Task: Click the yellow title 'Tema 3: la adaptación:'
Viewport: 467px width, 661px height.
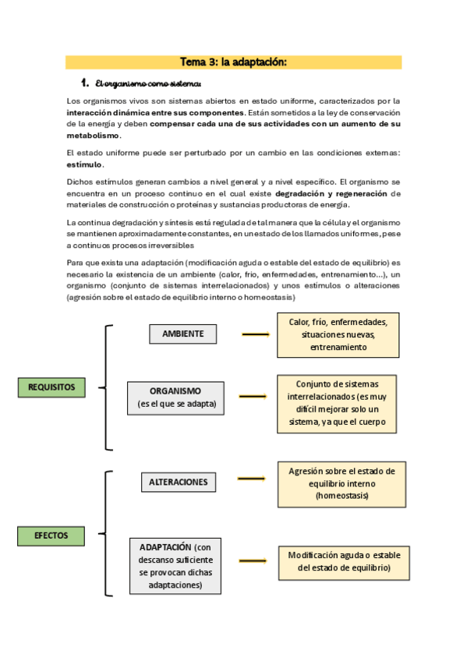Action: tap(233, 62)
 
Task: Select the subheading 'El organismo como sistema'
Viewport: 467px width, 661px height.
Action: tap(147, 83)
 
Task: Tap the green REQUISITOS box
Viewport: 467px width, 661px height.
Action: tap(51, 387)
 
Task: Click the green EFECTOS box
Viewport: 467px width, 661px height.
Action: tap(51, 536)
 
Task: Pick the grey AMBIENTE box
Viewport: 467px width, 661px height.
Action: tap(182, 334)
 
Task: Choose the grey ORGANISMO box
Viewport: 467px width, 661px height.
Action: tap(175, 398)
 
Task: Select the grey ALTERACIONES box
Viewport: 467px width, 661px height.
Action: tap(179, 482)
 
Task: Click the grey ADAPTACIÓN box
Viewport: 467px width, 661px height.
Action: tap(175, 565)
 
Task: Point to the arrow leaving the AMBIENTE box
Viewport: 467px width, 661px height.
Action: tap(255, 334)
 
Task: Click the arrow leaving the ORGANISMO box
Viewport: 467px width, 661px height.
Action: tap(253, 398)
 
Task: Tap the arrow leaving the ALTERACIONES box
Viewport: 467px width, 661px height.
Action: tap(251, 479)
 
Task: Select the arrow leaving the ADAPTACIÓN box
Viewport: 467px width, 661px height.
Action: tap(253, 561)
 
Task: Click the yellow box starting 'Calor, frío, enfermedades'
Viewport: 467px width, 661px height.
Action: tap(338, 334)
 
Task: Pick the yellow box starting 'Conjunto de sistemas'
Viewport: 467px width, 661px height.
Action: tap(337, 404)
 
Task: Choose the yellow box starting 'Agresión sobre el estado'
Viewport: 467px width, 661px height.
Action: tap(341, 483)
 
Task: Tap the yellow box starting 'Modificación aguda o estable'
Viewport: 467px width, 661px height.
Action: tap(344, 562)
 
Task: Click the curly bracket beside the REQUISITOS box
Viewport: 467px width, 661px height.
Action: tap(108, 387)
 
